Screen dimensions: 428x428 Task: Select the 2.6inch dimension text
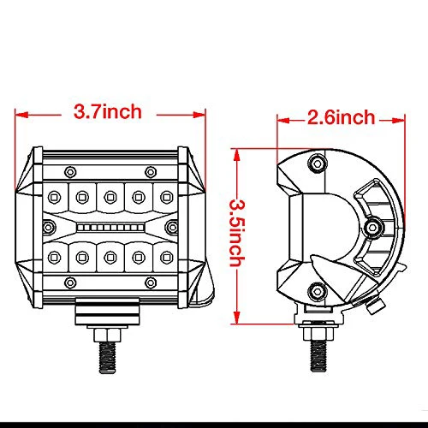point(340,117)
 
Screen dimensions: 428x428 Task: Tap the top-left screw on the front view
point(66,168)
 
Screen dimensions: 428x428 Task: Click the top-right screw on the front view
point(151,168)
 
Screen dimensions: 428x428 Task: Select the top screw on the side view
point(318,162)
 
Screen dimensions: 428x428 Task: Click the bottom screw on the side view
point(318,290)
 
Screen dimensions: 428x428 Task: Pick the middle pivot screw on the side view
point(374,227)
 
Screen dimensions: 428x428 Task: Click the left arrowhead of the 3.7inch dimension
point(20,112)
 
